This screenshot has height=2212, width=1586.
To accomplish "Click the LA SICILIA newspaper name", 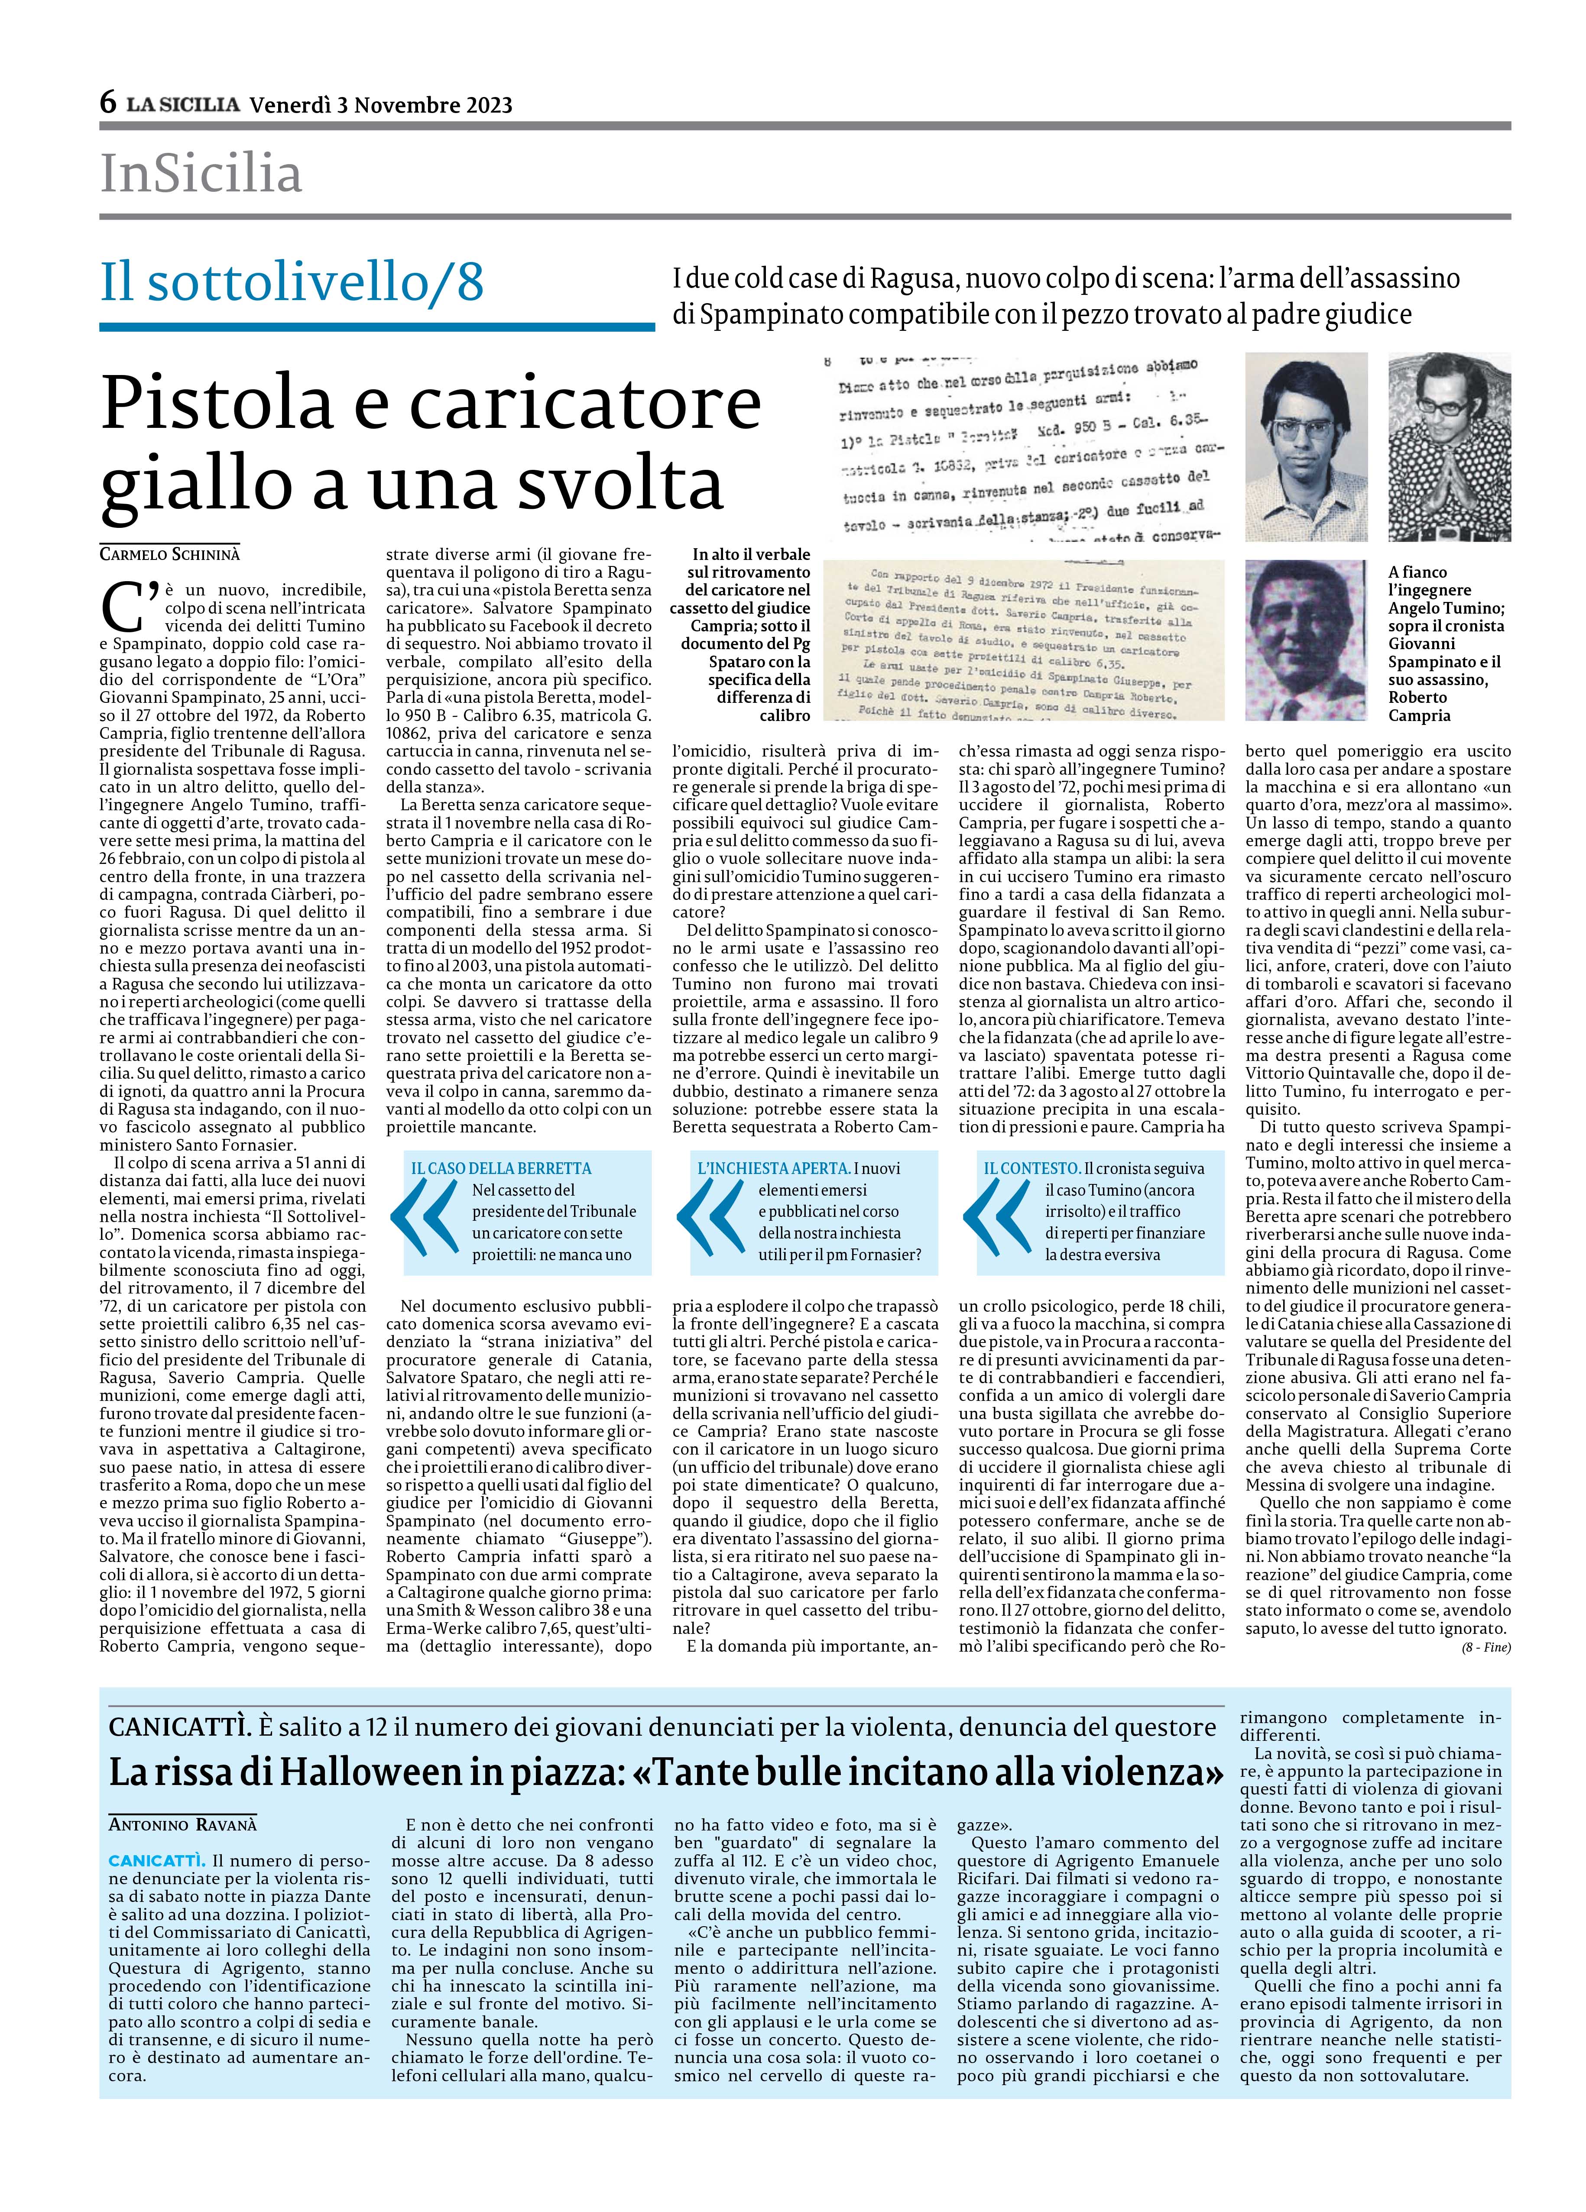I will tap(183, 104).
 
